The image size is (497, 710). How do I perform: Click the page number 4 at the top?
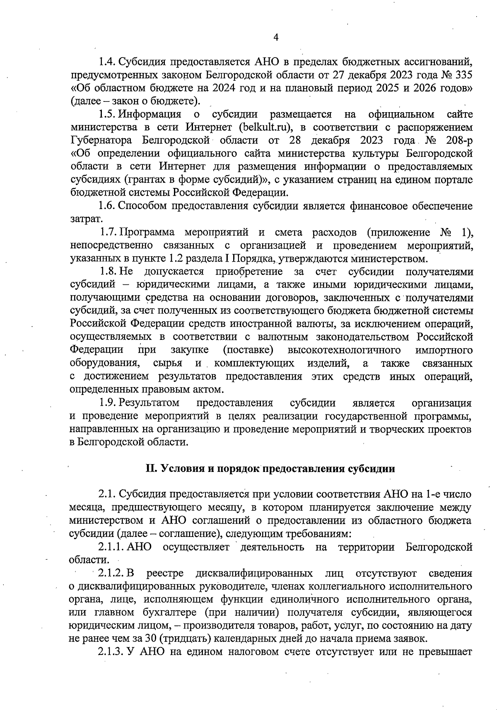[x=276, y=38]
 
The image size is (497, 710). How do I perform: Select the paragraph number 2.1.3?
[x=111, y=652]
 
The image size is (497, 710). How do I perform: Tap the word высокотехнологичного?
[x=344, y=350]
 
